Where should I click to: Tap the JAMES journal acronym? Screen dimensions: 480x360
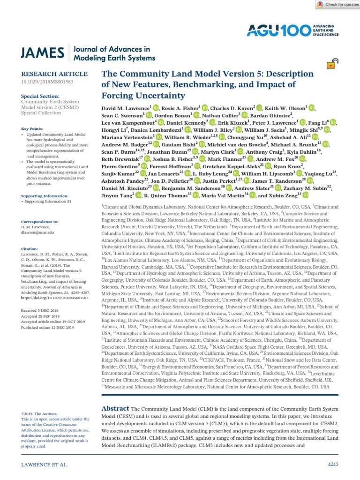(x=42, y=53)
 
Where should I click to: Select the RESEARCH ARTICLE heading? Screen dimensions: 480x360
(x=54, y=74)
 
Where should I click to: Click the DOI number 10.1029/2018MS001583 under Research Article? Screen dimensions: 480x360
(x=47, y=82)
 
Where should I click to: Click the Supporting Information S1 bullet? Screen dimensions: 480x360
(x=50, y=201)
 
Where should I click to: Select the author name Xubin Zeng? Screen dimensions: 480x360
(x=283, y=195)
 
